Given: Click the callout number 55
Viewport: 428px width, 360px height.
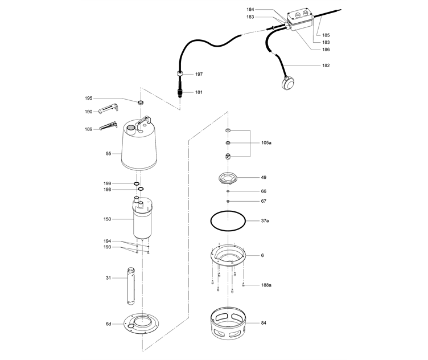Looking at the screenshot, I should point(108,153).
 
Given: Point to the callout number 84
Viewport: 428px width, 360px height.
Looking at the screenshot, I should point(264,323).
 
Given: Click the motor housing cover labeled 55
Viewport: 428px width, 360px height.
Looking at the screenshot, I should point(139,148).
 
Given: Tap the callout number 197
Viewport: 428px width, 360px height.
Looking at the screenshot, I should point(199,75).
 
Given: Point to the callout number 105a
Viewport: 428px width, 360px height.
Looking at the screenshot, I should point(266,143).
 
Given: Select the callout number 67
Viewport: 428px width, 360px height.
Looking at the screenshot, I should point(264,201).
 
